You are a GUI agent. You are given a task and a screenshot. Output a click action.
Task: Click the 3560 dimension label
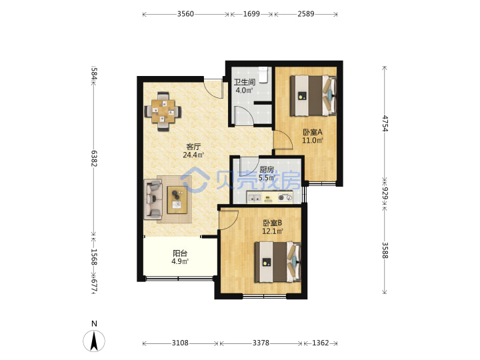tap(185, 14)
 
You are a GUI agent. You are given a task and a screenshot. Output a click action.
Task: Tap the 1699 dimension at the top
tap(251, 14)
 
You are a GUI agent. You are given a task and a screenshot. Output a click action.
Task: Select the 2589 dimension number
tap(306, 14)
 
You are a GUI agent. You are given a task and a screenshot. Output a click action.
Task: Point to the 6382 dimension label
tap(94, 159)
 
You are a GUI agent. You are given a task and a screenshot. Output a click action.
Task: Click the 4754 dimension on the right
tap(385, 123)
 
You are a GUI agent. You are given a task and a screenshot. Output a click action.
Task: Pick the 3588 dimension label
tap(385, 250)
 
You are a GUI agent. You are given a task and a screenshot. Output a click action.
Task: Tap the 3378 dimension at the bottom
tap(261, 343)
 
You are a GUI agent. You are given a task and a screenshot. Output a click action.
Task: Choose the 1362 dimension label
tap(321, 343)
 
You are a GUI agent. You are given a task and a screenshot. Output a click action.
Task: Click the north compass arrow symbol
tap(94, 341)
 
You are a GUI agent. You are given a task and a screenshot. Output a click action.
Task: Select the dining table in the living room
tap(163, 111)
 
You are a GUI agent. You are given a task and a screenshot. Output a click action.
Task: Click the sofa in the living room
tap(153, 199)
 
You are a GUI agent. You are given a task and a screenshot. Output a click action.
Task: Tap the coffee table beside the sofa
tap(177, 200)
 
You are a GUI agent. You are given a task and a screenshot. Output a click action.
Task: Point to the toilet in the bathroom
tap(263, 75)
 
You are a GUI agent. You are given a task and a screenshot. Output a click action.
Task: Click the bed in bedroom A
tap(313, 96)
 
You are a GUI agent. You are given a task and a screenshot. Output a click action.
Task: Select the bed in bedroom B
tap(277, 262)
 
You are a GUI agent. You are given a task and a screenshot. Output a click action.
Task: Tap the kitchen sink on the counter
tap(254, 197)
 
